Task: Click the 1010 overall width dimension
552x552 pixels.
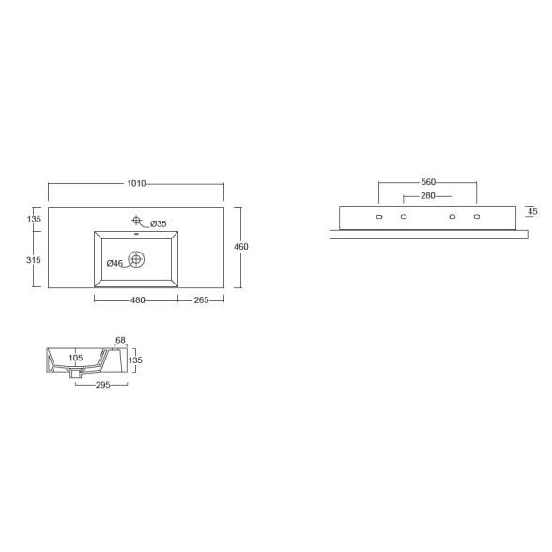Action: tap(136, 183)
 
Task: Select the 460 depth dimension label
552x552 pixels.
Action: tap(241, 246)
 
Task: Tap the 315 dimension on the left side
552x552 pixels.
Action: tap(34, 260)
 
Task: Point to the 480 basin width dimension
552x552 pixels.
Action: tap(138, 300)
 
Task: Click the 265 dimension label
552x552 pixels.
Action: tap(201, 300)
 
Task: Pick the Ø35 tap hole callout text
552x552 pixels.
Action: tap(159, 223)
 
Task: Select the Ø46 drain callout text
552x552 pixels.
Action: tap(115, 263)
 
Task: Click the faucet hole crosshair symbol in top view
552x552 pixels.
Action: tap(137, 221)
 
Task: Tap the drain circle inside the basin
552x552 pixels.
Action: tap(136, 259)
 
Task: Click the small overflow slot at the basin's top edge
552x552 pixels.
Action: tap(136, 234)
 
